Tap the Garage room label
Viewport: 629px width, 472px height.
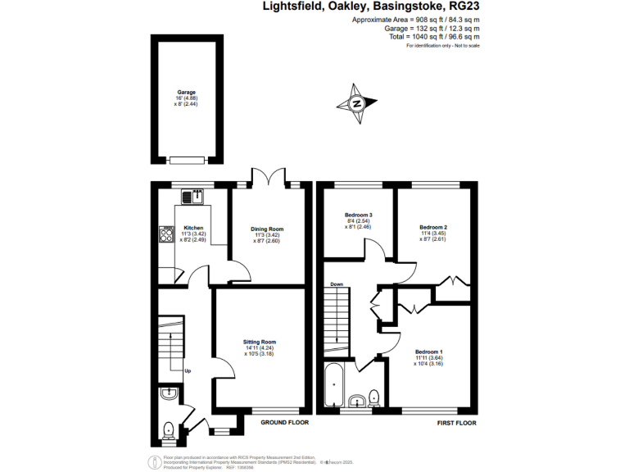pos(187,93)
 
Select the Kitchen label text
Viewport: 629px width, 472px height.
pos(193,228)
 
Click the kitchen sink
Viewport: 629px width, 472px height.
pos(192,196)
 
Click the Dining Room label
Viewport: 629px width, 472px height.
pos(267,229)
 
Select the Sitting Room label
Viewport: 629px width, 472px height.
pos(259,342)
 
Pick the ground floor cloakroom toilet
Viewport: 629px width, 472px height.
pos(169,427)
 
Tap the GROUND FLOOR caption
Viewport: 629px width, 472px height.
pos(284,423)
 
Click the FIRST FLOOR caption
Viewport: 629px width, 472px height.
pos(455,423)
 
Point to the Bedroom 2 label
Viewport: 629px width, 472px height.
pos(432,227)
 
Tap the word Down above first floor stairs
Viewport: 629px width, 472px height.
pos(337,284)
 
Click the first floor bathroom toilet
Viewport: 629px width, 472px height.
pos(373,397)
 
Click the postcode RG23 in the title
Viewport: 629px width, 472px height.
pos(462,7)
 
